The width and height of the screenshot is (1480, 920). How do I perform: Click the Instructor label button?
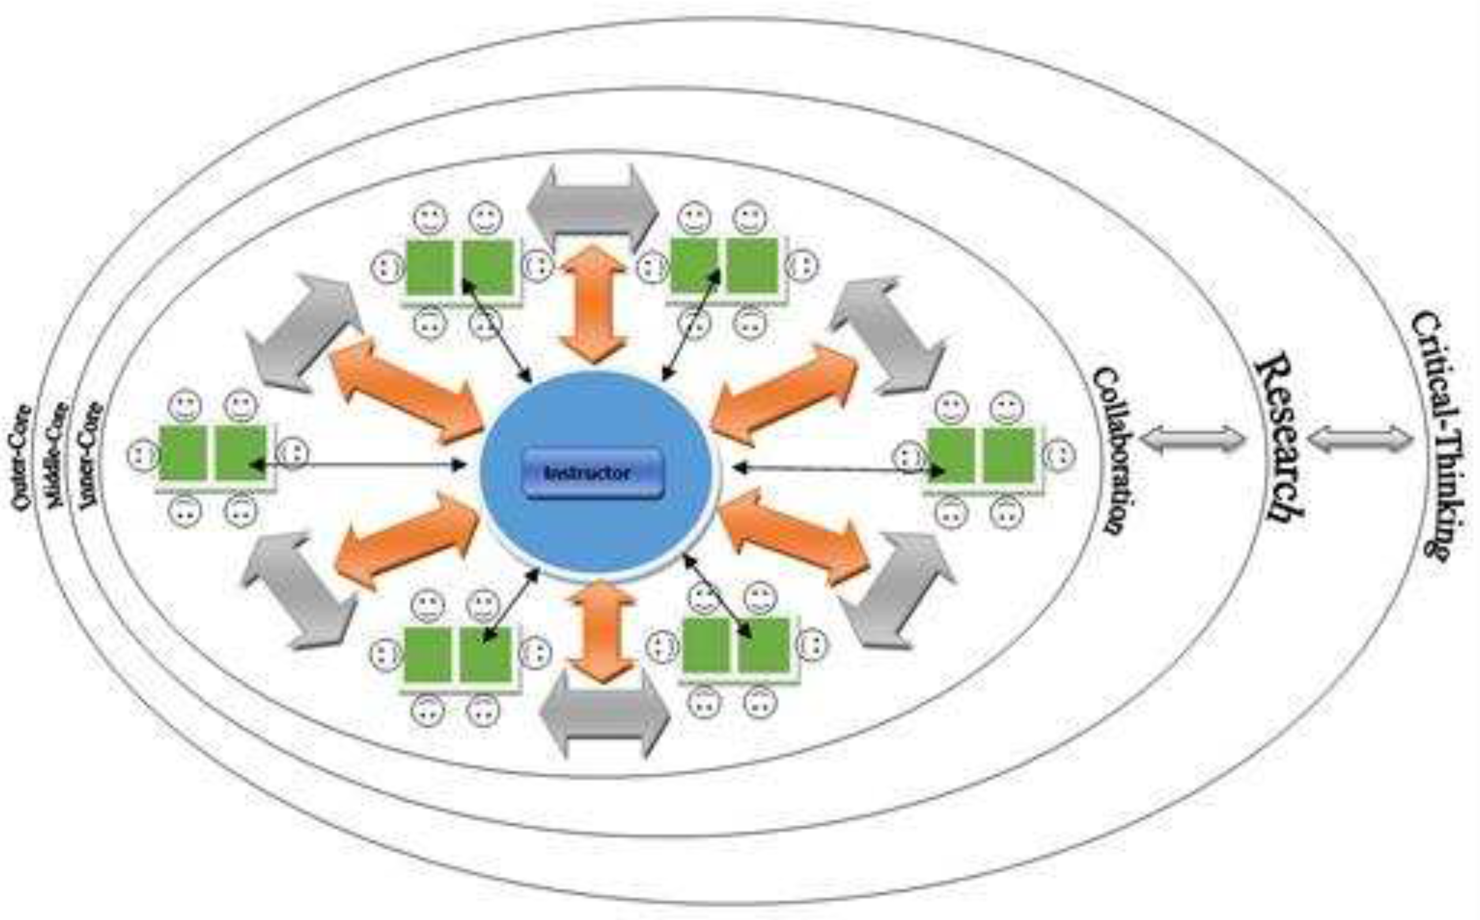593,473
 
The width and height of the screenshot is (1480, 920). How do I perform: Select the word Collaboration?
1112,450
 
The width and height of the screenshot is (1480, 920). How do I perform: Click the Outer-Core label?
21,457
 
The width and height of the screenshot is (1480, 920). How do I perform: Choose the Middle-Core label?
56,454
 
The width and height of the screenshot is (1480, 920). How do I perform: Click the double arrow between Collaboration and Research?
1192,439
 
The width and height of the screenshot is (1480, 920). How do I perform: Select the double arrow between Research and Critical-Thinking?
1360,439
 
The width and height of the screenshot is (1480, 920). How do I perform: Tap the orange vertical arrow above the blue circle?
593,304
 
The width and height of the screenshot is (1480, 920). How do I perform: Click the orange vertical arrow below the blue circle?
601,630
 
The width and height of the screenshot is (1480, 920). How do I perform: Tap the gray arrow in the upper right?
888,335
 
